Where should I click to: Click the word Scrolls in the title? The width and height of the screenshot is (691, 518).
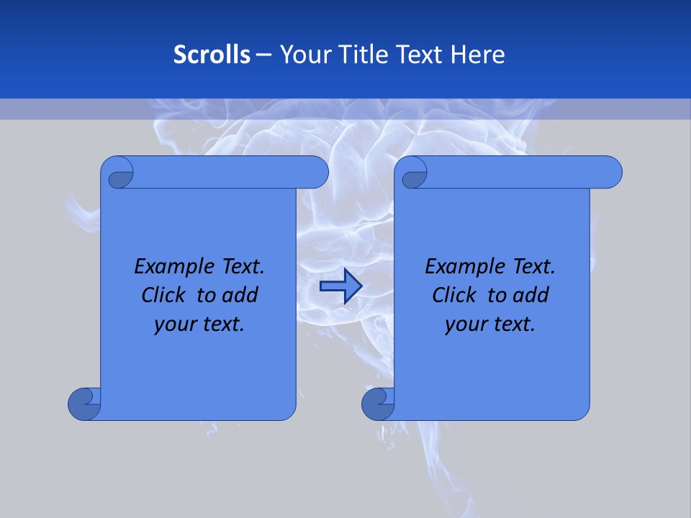(x=212, y=55)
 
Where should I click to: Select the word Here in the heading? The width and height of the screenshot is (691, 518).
(x=478, y=55)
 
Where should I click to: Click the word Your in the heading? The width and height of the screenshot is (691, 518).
(x=305, y=55)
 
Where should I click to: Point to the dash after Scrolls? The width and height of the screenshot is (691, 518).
(x=264, y=55)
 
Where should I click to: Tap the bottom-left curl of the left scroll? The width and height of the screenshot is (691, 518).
(x=83, y=403)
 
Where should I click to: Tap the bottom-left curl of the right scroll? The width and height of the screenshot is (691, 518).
(x=377, y=403)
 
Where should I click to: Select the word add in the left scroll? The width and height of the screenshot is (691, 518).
(x=240, y=295)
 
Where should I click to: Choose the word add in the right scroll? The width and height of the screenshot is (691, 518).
(x=531, y=295)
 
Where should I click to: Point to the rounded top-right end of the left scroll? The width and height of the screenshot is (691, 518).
(x=317, y=172)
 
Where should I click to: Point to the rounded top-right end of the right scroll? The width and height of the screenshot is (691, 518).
(x=610, y=172)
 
